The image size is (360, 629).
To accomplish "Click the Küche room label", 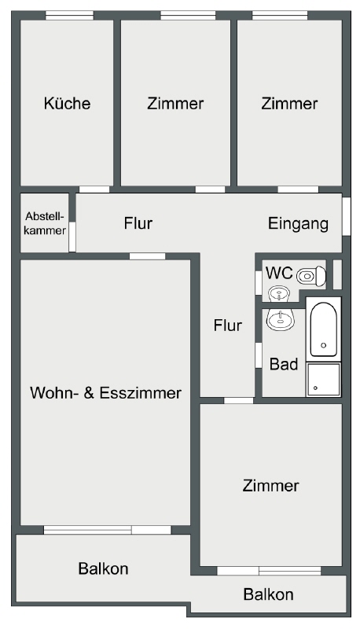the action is pos(67,103).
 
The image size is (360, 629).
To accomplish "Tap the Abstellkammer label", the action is pos(45,223).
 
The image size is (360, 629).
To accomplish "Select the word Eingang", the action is pos(298,223).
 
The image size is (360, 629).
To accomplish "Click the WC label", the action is pos(279,273).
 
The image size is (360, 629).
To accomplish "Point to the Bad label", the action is pos(284,364).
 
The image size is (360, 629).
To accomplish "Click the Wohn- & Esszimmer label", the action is pos(106,392).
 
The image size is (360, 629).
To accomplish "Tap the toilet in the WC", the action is pos(311,276).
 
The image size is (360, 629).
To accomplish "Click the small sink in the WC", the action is pos(277,294).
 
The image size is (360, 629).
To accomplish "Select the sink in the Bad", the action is pos(281,320).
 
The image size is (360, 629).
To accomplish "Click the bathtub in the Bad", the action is pos(324,329).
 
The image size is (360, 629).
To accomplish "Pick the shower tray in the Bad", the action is pos(323,380).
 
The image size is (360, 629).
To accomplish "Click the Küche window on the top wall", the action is pos(69,16).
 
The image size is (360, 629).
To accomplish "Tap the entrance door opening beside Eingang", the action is pos(347,215).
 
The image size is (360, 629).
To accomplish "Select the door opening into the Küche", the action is pos(94,189).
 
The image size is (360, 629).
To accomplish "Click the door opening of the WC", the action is pos(259,281).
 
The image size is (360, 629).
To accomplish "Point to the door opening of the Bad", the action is pos(259,361).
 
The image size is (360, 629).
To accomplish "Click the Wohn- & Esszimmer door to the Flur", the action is pos(147,256).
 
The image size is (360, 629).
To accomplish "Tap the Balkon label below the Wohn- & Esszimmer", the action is pos(104,568).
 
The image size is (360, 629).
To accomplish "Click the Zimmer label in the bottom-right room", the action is pos(270,485).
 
